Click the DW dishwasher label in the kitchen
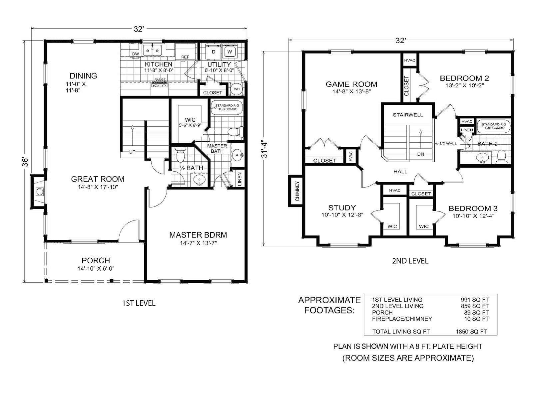coord(135,54)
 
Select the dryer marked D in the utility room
coord(214,52)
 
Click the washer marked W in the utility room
coord(230,52)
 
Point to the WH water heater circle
coord(237,89)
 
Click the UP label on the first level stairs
coord(132,152)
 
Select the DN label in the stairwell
coord(421,154)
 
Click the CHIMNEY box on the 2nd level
coord(297,191)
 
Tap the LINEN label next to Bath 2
coord(467,130)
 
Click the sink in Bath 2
coord(482,158)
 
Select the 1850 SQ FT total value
coord(471,332)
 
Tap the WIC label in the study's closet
coord(392,226)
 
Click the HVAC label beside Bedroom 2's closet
coord(409,60)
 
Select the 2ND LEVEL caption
coord(410,261)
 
